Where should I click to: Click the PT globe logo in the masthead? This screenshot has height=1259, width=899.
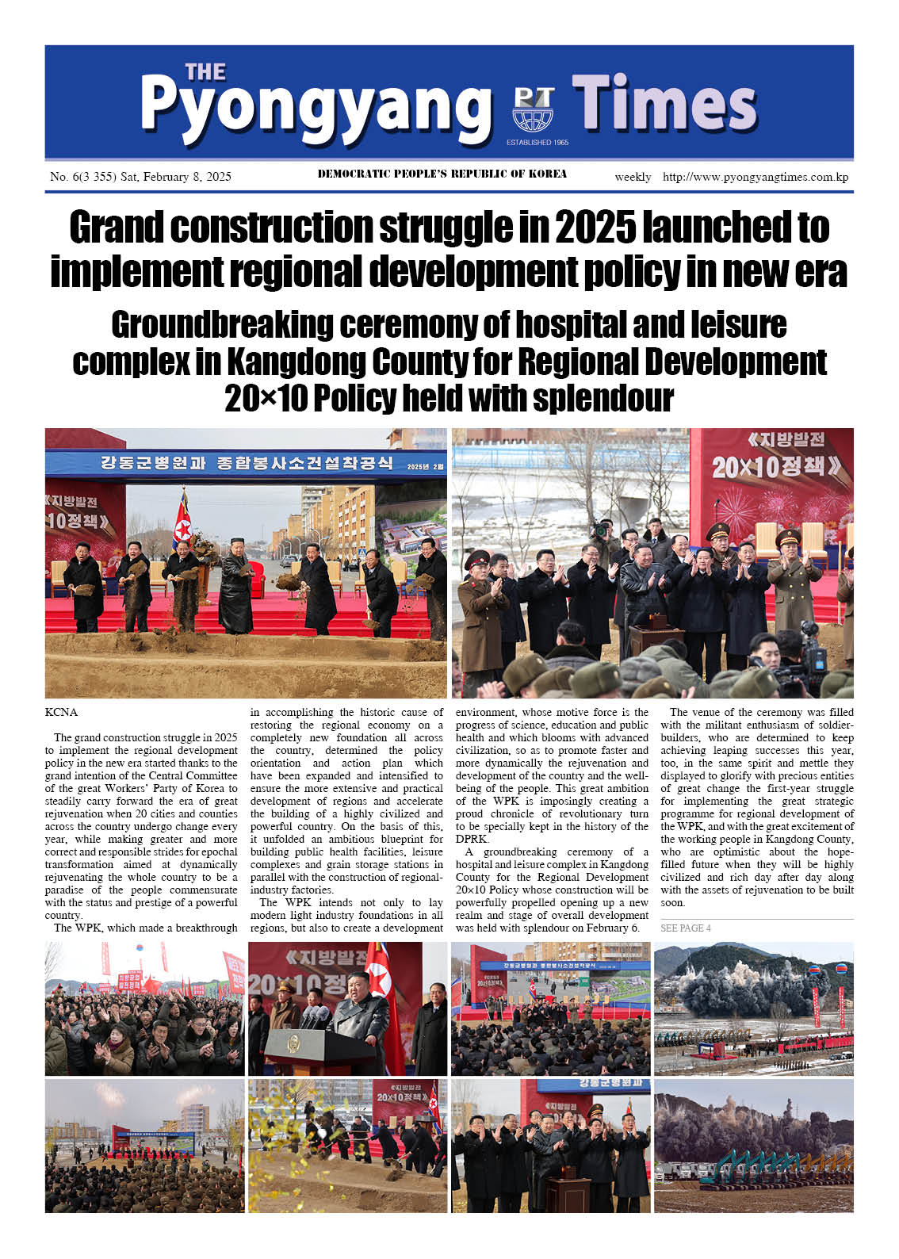pyautogui.click(x=533, y=110)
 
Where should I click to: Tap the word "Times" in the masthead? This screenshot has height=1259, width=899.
pyautogui.click(x=664, y=103)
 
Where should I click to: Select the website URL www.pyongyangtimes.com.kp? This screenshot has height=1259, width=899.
pyautogui.click(x=756, y=177)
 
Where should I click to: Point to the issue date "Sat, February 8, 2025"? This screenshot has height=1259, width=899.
pyautogui.click(x=175, y=177)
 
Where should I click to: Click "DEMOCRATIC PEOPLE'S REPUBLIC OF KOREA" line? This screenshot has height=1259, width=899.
pyautogui.click(x=442, y=174)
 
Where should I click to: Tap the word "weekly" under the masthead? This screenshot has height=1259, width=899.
pyautogui.click(x=633, y=177)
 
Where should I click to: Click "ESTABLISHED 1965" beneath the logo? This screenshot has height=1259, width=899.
pyautogui.click(x=537, y=143)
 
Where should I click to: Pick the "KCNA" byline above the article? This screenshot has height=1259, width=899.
pyautogui.click(x=61, y=712)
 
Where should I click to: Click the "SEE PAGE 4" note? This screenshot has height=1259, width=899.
pyautogui.click(x=685, y=928)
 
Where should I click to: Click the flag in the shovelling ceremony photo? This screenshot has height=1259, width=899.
pyautogui.click(x=183, y=520)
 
